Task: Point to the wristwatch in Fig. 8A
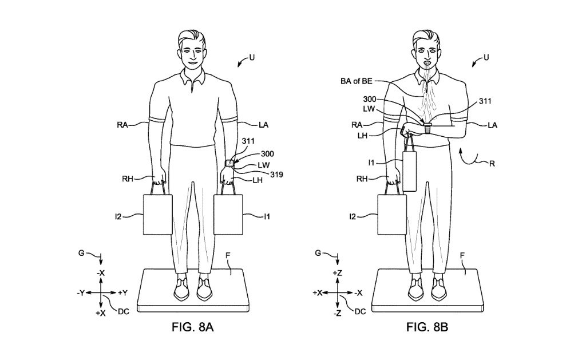coord(229,164)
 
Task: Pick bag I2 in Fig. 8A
coord(156,214)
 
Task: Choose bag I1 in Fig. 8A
coord(228,214)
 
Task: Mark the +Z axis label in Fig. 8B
coord(338,274)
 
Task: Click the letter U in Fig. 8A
coord(252,57)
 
